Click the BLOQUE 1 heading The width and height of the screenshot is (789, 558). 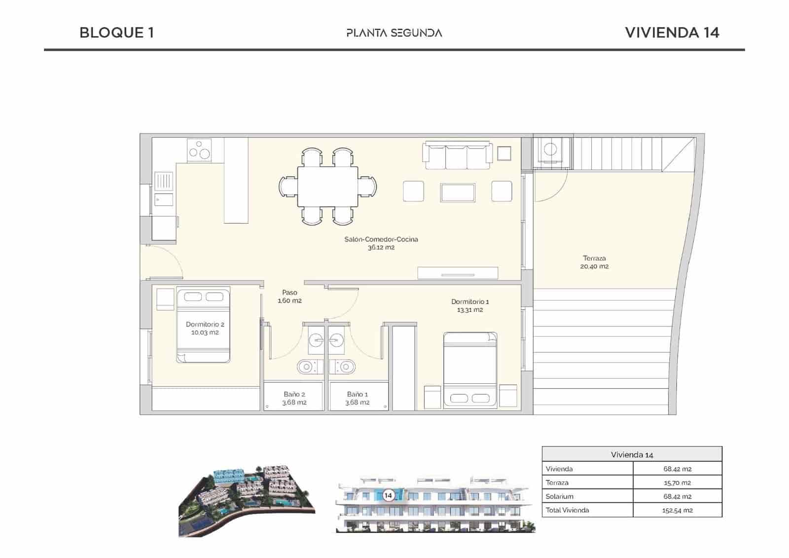tap(117, 33)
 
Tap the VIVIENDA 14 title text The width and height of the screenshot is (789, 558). tap(672, 33)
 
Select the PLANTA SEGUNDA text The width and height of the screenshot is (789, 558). tap(394, 33)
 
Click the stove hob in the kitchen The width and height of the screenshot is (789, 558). tap(199, 149)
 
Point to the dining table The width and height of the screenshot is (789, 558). tap(327, 187)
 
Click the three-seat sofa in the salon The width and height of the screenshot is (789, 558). tap(457, 152)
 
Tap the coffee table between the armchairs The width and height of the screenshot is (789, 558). tap(458, 192)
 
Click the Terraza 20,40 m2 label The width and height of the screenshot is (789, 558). tap(594, 262)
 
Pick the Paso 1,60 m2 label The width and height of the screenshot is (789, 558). tap(289, 297)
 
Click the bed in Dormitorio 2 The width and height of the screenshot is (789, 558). tap(203, 326)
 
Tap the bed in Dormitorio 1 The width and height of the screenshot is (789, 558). tap(470, 370)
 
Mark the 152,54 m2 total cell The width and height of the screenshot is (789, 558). tap(677, 510)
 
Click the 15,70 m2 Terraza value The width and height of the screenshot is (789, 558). tap(677, 483)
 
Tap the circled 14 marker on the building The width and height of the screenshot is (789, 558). tap(388, 495)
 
